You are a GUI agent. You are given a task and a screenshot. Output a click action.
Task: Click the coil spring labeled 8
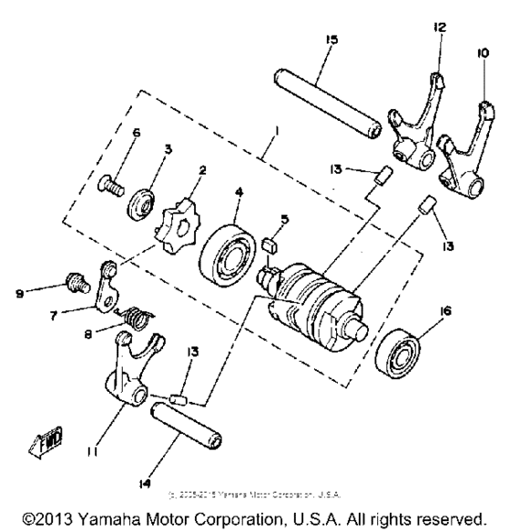135,317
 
